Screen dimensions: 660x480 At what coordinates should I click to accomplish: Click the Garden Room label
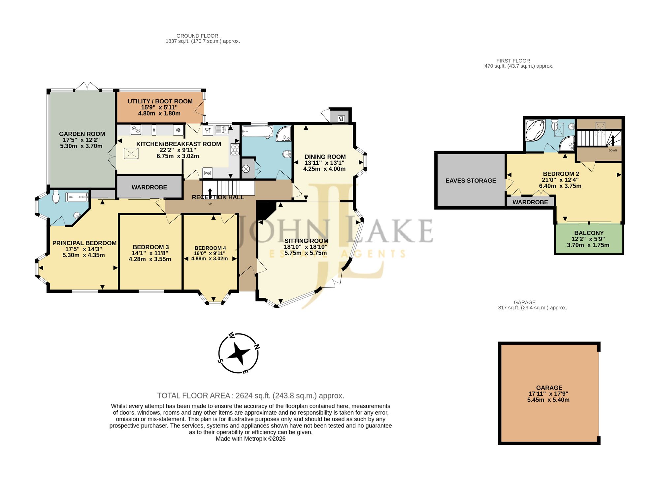pos(82,134)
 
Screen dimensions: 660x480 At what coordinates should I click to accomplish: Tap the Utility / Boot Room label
pos(160,101)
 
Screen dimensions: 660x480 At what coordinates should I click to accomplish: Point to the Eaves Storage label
pos(471,181)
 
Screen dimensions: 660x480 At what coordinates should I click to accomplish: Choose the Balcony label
pos(589,233)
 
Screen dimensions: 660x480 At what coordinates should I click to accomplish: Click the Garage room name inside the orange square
pos(549,388)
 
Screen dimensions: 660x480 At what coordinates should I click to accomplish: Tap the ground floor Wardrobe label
pos(149,188)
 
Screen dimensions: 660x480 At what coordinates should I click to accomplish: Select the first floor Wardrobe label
pos(530,202)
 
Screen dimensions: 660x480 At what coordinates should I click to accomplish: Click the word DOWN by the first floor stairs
pos(613,151)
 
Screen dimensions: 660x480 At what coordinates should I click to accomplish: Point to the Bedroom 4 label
pos(210,248)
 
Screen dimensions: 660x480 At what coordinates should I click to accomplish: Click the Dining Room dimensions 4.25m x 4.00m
pos(324,169)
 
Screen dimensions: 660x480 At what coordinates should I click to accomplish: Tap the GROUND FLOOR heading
pos(197,36)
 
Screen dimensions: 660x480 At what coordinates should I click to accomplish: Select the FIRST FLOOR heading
pos(513,61)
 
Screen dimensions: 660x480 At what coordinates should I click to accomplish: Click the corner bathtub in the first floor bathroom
pos(535,130)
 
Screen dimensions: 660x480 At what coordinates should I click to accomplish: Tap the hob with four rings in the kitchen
pos(235,150)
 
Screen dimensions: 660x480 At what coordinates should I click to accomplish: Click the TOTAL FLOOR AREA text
pos(251,396)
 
